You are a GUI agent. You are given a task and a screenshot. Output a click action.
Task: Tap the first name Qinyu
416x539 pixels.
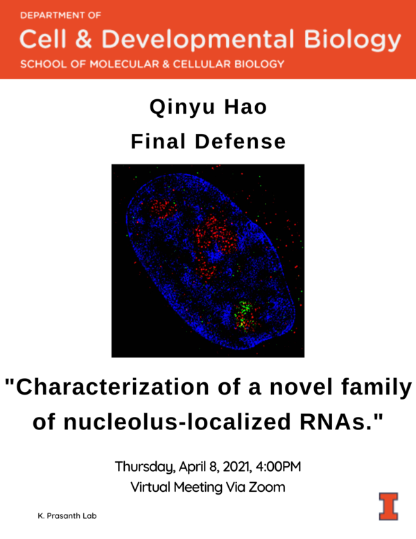pos(175,108)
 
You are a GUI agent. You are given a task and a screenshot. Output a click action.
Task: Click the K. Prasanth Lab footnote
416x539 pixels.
pos(67,517)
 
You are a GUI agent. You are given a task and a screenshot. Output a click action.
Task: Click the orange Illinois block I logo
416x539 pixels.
pos(388,505)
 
